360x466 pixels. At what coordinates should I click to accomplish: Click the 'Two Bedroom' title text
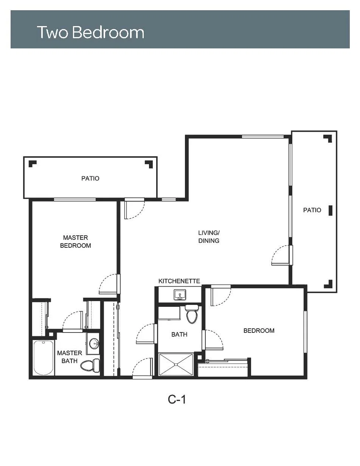(x=90, y=33)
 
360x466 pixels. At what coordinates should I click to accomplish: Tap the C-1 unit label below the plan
(x=177, y=399)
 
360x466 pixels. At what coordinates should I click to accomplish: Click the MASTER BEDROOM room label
(x=76, y=241)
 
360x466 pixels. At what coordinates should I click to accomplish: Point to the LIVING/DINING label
(x=209, y=236)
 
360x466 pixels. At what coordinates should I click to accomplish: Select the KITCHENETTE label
(x=179, y=281)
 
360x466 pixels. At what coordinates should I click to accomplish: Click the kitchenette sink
(x=180, y=295)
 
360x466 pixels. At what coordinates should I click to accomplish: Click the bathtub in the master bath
(x=43, y=358)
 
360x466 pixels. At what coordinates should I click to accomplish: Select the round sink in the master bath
(x=94, y=343)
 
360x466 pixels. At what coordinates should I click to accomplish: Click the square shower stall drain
(x=176, y=364)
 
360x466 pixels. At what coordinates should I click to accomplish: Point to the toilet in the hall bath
(x=192, y=314)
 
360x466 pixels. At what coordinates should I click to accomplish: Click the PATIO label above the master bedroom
(x=90, y=179)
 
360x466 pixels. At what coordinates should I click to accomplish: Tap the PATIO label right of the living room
(x=312, y=210)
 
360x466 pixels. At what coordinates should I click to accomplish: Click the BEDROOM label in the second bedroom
(x=259, y=331)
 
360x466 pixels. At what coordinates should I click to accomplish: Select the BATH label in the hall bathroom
(x=179, y=334)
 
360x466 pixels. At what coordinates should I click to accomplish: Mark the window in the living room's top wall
(x=263, y=137)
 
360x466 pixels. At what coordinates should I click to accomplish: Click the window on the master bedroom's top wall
(x=75, y=199)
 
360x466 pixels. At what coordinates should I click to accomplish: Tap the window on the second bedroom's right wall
(x=305, y=332)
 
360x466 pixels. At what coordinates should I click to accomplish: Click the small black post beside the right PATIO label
(x=331, y=210)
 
